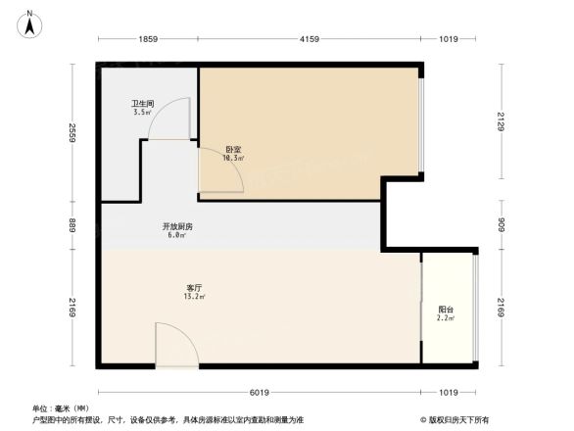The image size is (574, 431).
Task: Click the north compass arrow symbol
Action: pyautogui.click(x=30, y=23)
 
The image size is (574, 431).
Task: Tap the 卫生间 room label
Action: pyautogui.click(x=143, y=103)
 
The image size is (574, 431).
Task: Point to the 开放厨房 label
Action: pyautogui.click(x=177, y=226)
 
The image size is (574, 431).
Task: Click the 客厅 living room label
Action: pyautogui.click(x=194, y=287)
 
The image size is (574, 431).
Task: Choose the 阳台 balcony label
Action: pyautogui.click(x=446, y=310)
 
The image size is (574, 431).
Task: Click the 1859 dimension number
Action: pyautogui.click(x=148, y=39)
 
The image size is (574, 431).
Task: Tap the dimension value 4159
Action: pyautogui.click(x=310, y=39)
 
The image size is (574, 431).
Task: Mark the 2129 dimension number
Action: pyautogui.click(x=500, y=121)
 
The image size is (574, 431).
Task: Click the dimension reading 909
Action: pyautogui.click(x=500, y=224)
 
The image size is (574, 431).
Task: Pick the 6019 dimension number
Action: pyautogui.click(x=259, y=393)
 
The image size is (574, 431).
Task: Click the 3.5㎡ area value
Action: pyautogui.click(x=143, y=113)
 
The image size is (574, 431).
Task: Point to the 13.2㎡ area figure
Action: pyautogui.click(x=195, y=297)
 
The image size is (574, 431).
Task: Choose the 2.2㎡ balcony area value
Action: pyautogui.click(x=446, y=319)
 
